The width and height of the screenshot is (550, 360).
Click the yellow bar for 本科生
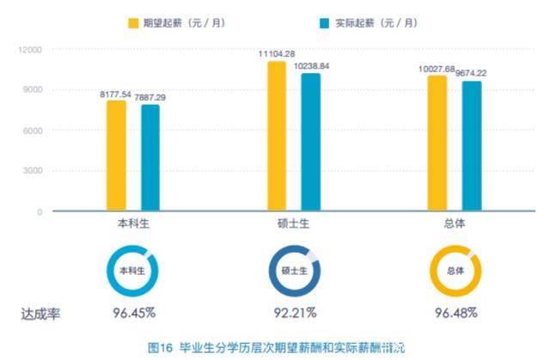pos(116,156)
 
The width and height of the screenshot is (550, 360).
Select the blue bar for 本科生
pos(150,157)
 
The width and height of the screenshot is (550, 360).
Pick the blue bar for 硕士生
pos(310,142)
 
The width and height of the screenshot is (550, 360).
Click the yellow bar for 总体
pos(437,143)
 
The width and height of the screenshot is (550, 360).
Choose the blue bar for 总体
pos(471,145)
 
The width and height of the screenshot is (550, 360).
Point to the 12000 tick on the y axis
pos(31,50)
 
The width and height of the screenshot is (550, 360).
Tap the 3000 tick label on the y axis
pos(33,171)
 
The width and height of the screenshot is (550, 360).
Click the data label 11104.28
pos(277,55)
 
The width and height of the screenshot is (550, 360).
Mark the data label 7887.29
pos(150,97)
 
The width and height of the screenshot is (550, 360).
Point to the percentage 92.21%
pos(293,312)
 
